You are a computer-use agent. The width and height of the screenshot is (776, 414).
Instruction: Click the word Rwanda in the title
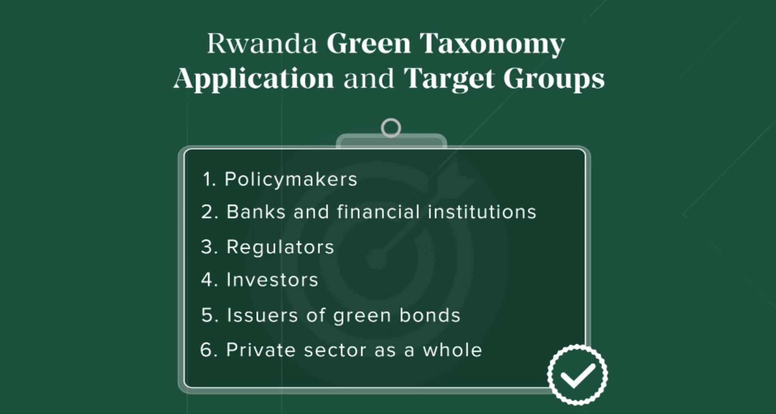point(262,43)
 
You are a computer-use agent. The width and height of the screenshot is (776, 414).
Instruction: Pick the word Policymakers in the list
point(291,179)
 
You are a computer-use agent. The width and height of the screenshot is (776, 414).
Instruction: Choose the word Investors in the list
point(272,280)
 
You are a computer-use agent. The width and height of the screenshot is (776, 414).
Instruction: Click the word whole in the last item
point(452,350)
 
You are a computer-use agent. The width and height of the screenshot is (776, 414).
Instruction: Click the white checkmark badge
point(577,375)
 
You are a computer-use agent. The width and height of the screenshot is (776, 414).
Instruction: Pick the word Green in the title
point(369,43)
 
